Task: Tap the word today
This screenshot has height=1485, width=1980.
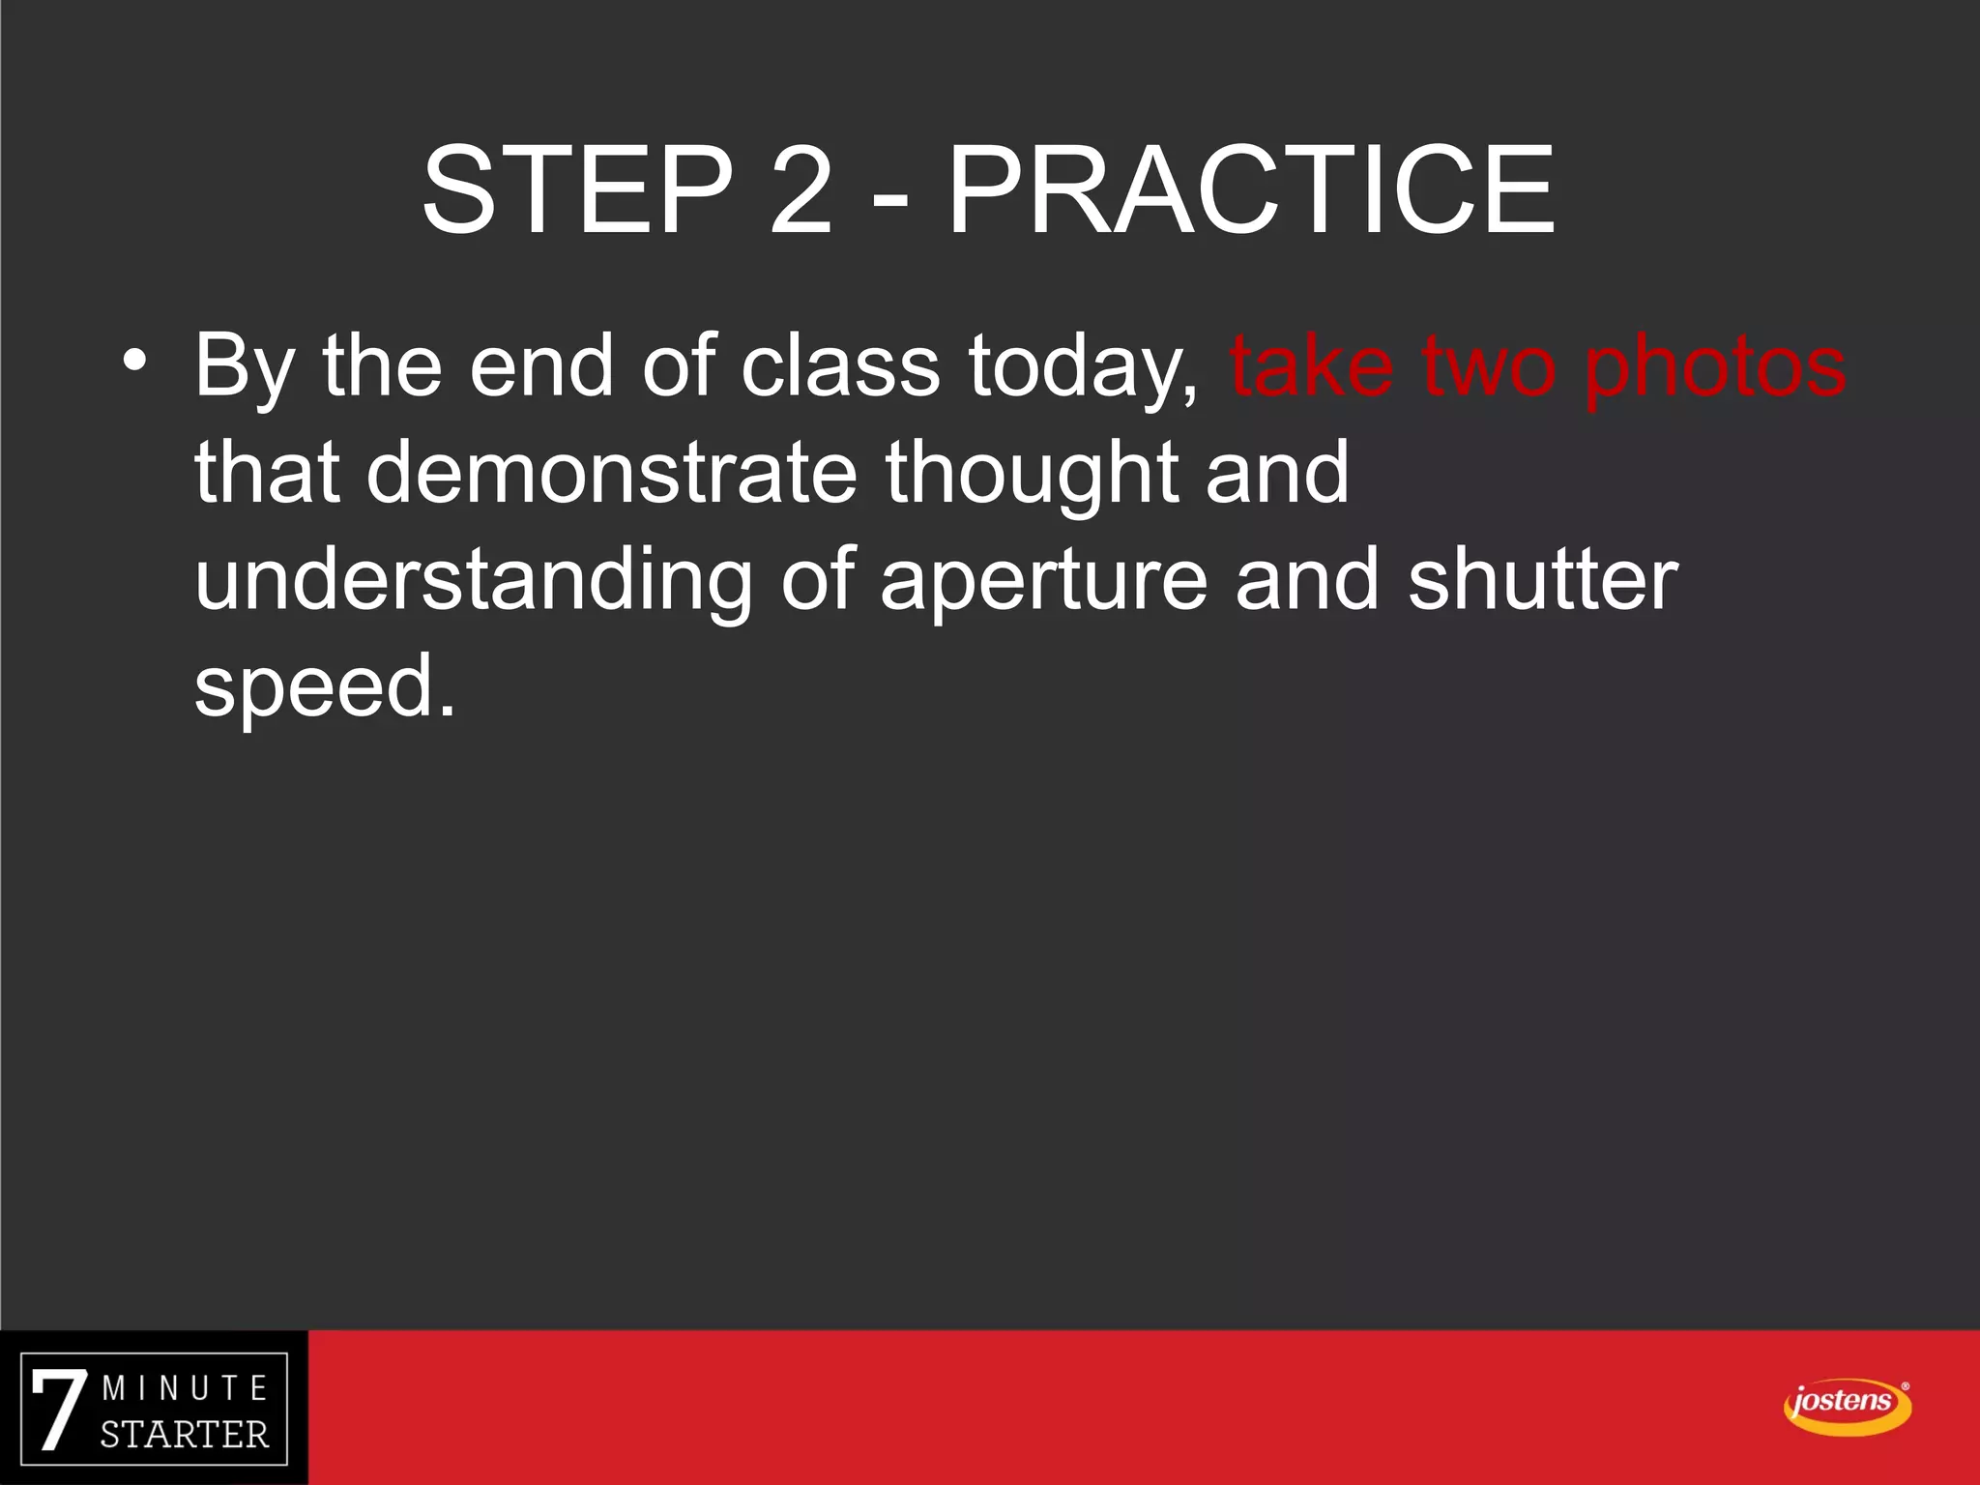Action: [x=1082, y=367]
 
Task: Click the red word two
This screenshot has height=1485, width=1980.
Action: [x=1490, y=367]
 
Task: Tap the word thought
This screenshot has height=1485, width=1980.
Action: [x=1031, y=474]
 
